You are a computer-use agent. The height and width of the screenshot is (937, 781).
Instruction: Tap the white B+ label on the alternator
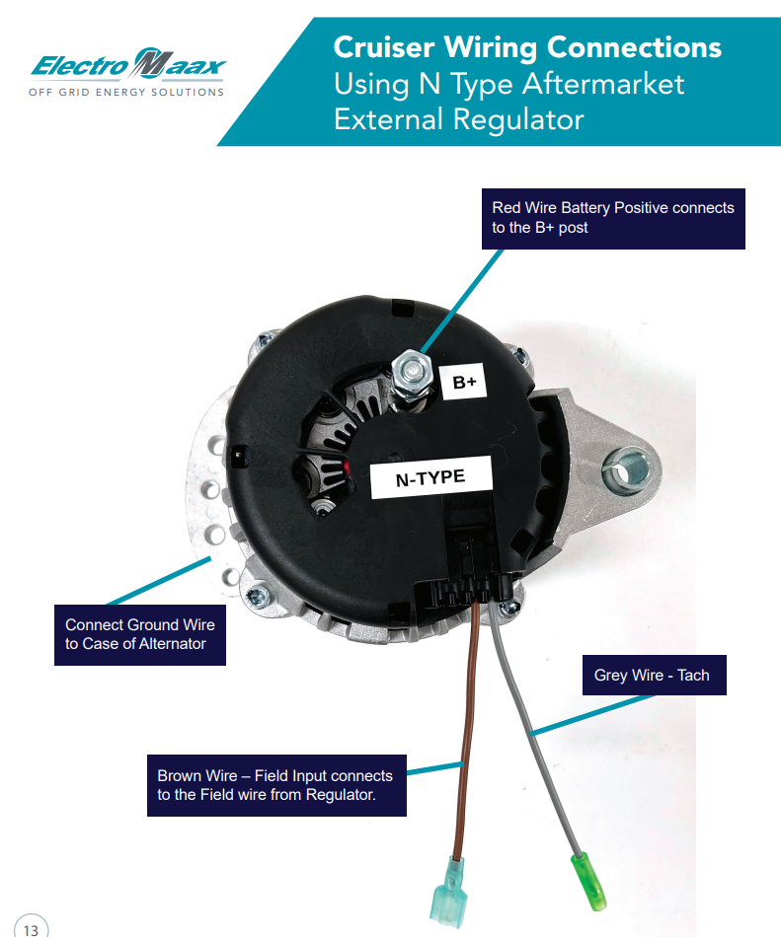pyautogui.click(x=465, y=382)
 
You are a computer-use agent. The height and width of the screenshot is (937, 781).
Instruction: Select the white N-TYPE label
pyautogui.click(x=430, y=478)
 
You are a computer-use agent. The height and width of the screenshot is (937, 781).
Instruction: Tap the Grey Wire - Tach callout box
pyautogui.click(x=653, y=676)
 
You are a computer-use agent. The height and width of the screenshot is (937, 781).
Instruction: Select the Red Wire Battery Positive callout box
pyautogui.click(x=612, y=218)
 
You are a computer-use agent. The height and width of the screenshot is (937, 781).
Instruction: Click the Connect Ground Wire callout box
pyautogui.click(x=139, y=634)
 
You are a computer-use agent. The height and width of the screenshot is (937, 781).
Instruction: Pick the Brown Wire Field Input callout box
pyautogui.click(x=275, y=785)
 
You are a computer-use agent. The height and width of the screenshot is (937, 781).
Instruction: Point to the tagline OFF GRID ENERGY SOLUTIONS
pyautogui.click(x=127, y=92)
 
